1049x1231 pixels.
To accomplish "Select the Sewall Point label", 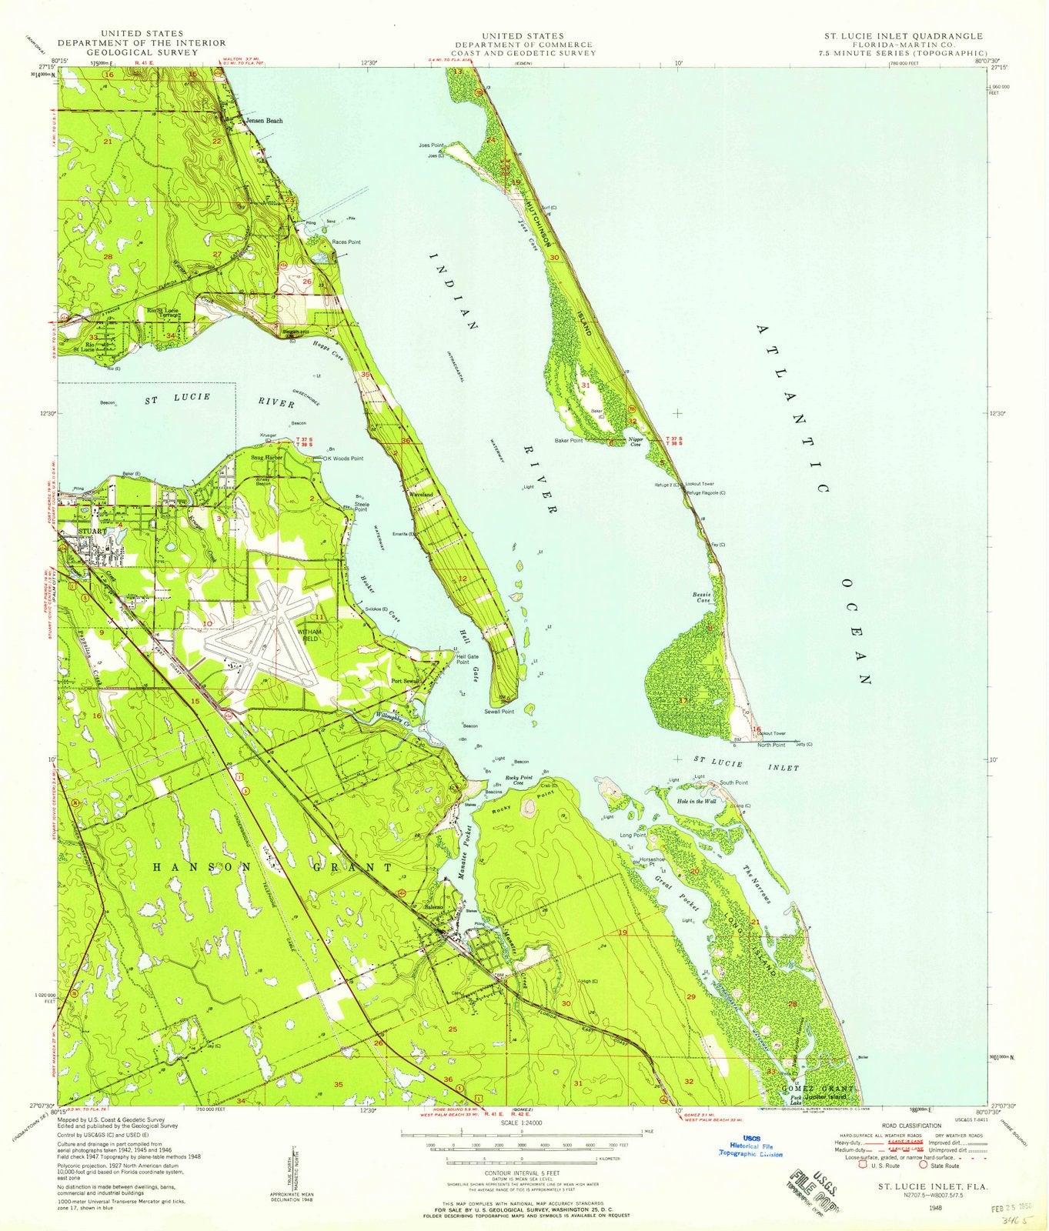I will [x=499, y=712].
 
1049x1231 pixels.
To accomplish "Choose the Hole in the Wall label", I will [x=697, y=802].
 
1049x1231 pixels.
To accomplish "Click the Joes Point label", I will [x=433, y=145].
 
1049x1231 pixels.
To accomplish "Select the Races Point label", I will [x=346, y=242].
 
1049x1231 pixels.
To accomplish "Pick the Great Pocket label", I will [x=677, y=892].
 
